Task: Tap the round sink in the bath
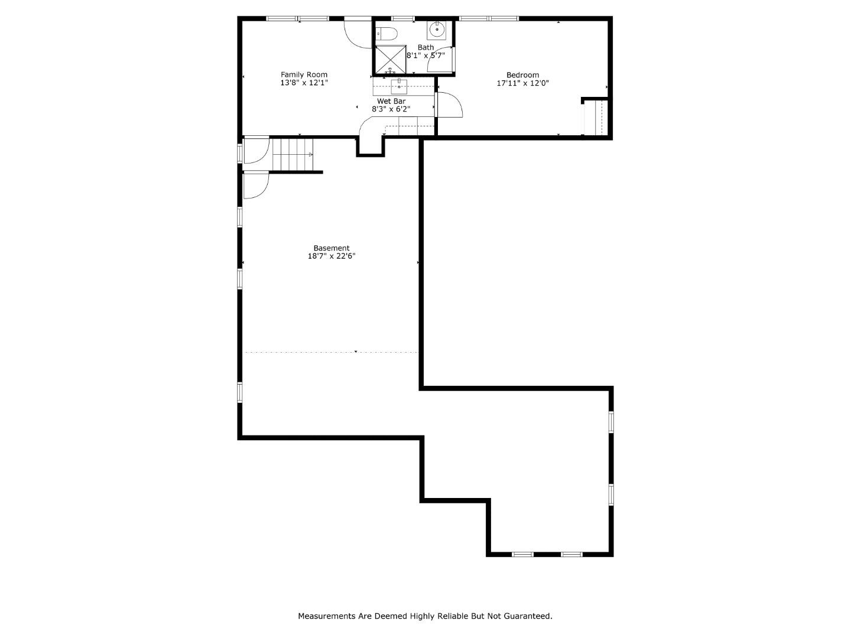click(x=437, y=28)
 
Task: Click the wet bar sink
click(x=399, y=86)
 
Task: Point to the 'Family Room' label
click(x=304, y=74)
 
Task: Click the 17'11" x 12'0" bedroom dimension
click(x=522, y=83)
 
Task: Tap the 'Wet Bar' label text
click(x=391, y=101)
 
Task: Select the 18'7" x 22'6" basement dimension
click(x=331, y=256)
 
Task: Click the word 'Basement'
click(x=331, y=248)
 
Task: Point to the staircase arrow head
click(x=310, y=155)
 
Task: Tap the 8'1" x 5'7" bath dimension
click(x=425, y=55)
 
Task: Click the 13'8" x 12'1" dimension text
click(x=304, y=83)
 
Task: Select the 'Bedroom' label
click(x=522, y=75)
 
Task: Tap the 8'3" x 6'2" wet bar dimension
click(x=391, y=109)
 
